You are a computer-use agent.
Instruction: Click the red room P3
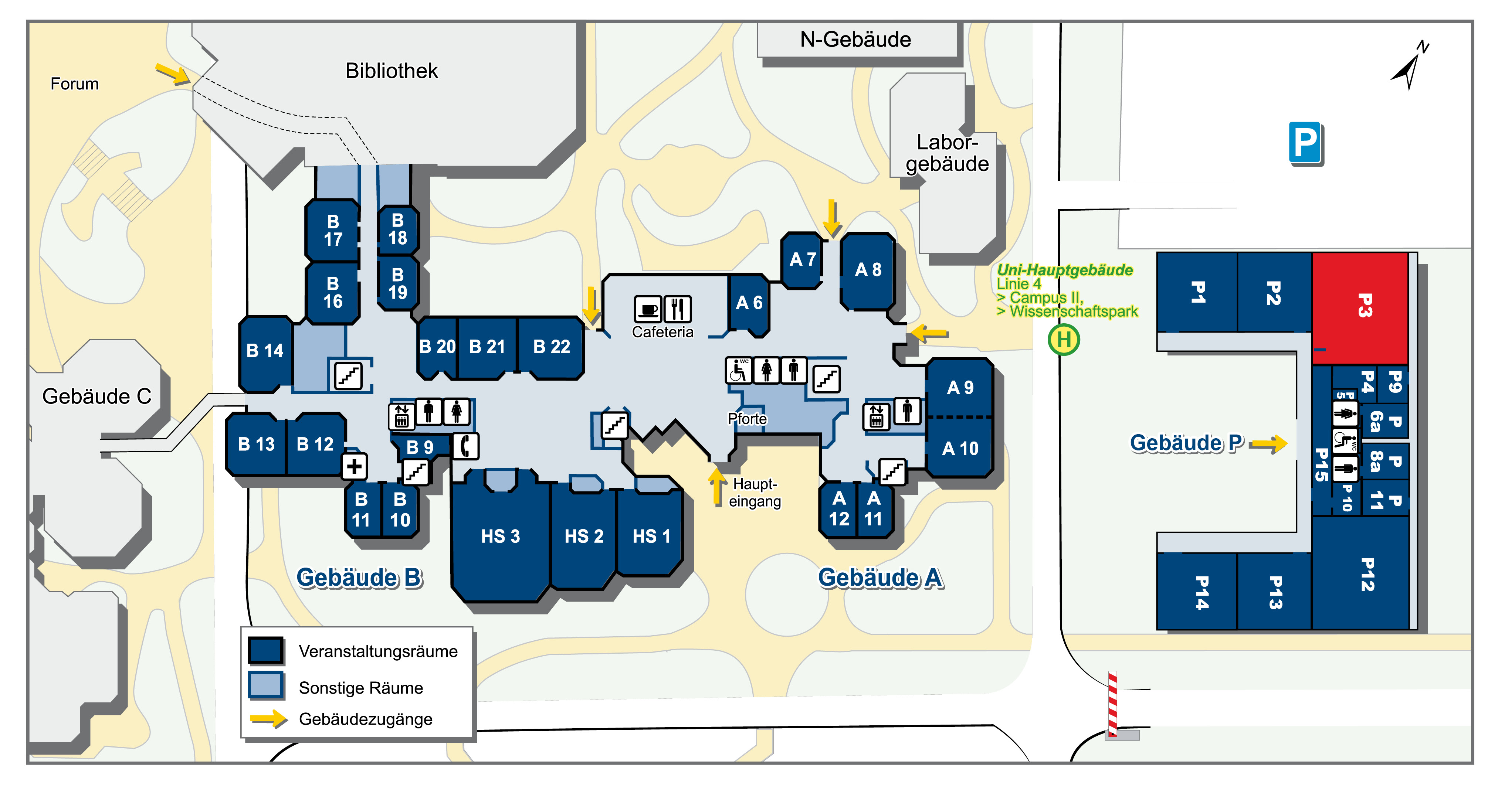pyautogui.click(x=1360, y=308)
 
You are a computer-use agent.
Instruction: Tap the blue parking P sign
pyautogui.click(x=1305, y=142)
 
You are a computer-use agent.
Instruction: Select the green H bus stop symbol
pyautogui.click(x=1064, y=340)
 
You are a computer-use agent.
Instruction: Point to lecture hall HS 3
pyautogui.click(x=500, y=535)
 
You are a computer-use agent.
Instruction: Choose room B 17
pyautogui.click(x=333, y=230)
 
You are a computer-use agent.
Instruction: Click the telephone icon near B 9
pyautogui.click(x=465, y=446)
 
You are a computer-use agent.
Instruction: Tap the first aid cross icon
pyautogui.click(x=354, y=466)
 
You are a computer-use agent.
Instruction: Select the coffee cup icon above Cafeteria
pyautogui.click(x=648, y=309)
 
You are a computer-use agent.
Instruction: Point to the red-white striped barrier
pyautogui.click(x=1112, y=704)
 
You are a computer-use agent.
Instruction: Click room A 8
pyautogui.click(x=868, y=270)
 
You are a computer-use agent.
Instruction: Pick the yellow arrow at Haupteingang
pyautogui.click(x=717, y=486)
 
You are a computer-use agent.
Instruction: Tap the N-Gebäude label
pyautogui.click(x=855, y=40)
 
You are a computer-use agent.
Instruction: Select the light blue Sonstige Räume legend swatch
pyautogui.click(x=266, y=685)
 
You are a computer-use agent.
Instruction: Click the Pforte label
pyautogui.click(x=747, y=419)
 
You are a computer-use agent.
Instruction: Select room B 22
pyautogui.click(x=551, y=347)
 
